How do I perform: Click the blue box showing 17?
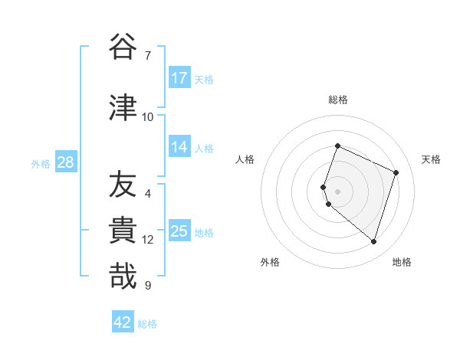point(179,78)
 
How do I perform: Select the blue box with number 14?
point(179,147)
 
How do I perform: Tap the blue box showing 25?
point(179,231)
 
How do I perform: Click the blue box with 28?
point(65,162)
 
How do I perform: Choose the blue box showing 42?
point(123,322)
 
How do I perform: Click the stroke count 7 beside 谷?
point(147,56)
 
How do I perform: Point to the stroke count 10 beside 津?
point(147,116)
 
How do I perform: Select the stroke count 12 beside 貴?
point(147,240)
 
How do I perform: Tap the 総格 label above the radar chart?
point(337,100)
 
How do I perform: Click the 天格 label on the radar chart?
point(431,159)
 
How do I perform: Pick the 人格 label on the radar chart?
point(245,159)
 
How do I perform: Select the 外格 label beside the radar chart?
point(270,262)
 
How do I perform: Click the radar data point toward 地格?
point(373,241)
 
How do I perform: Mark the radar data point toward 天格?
point(396,172)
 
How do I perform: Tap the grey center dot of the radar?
point(337,191)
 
